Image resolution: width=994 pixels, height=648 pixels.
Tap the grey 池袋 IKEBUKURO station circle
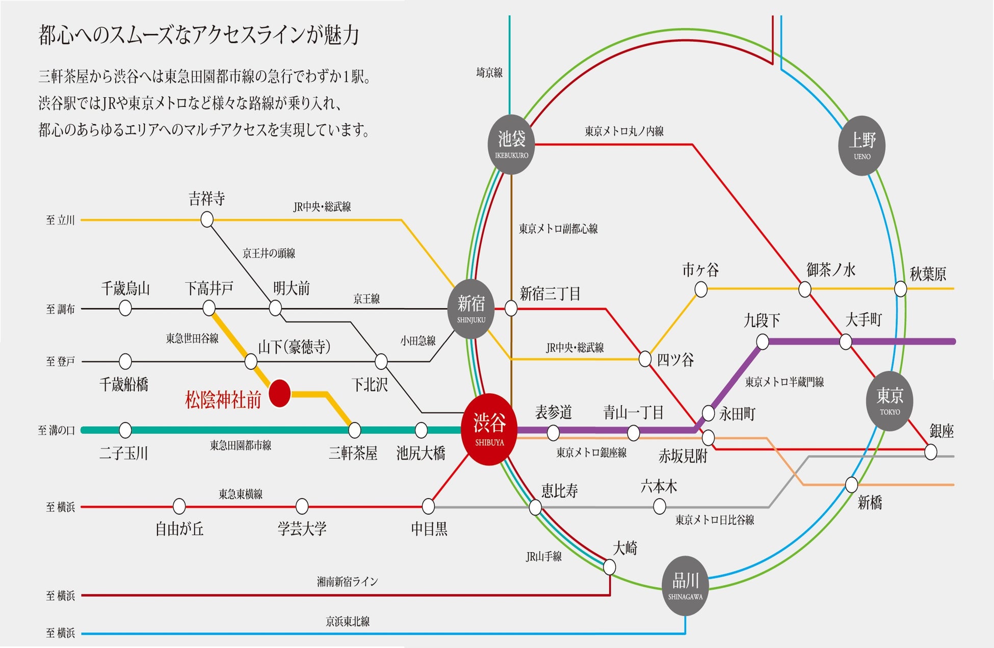[511, 144]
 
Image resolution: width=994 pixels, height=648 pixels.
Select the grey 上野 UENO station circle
[861, 146]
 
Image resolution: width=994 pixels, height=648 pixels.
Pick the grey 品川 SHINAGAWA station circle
[685, 585]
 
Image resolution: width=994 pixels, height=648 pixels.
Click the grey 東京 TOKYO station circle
[890, 401]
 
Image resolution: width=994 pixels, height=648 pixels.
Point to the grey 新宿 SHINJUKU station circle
[471, 309]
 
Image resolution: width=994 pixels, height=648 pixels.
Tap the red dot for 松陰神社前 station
[279, 393]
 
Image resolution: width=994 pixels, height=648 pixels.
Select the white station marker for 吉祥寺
[207, 220]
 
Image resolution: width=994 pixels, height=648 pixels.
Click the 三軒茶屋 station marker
[354, 430]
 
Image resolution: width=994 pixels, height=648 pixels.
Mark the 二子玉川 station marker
[125, 430]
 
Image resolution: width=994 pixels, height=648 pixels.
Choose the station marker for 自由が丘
[179, 506]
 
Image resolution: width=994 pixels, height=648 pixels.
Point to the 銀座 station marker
[930, 451]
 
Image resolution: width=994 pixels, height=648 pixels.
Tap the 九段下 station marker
[762, 341]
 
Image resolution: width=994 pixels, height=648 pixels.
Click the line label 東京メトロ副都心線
[558, 229]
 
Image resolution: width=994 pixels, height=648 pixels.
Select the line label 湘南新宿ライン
[347, 581]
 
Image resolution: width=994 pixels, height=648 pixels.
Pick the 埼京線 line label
[489, 73]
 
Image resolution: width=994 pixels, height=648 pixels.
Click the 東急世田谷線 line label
[192, 338]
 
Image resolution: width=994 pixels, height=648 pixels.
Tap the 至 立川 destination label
[60, 220]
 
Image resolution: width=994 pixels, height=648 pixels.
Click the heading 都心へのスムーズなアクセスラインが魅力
[199, 35]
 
